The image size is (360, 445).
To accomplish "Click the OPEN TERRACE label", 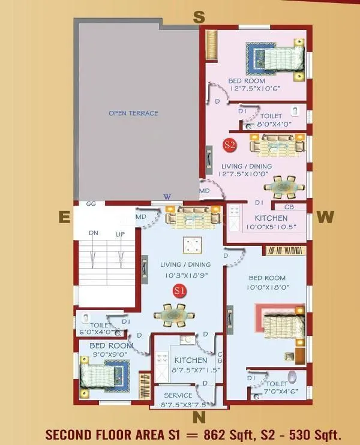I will (133, 113).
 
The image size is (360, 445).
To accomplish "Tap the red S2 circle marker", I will (229, 145).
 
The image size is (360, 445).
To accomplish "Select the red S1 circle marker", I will (178, 291).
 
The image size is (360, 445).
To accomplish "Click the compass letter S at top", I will (199, 17).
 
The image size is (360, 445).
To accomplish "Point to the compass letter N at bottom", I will (199, 416).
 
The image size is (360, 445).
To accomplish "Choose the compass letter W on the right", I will (325, 217).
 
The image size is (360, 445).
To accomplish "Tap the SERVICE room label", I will (178, 395).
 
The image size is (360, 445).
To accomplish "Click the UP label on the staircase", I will (120, 234).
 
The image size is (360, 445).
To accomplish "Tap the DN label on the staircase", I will (93, 234).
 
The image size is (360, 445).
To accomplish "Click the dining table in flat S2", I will (284, 187).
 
